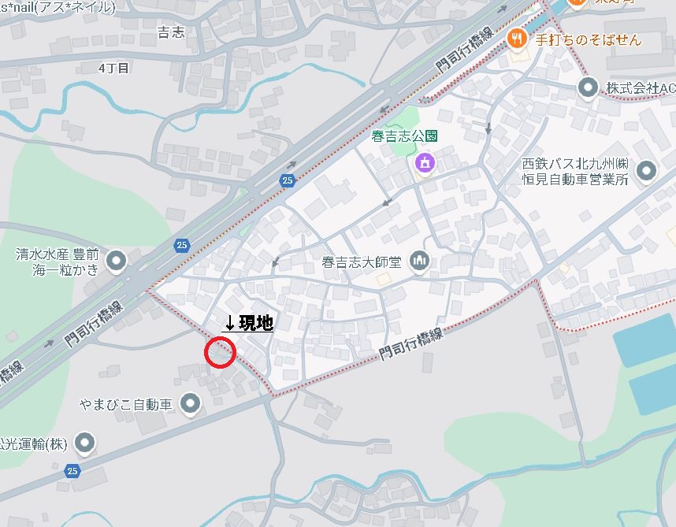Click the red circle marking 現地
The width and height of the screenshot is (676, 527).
tap(220, 352)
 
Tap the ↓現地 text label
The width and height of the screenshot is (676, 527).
tap(249, 323)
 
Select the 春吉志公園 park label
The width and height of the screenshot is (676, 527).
tap(404, 136)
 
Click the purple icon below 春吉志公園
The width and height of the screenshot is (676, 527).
tap(424, 163)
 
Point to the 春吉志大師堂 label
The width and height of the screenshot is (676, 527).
tap(362, 261)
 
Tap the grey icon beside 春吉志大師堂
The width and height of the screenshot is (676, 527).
tap(419, 260)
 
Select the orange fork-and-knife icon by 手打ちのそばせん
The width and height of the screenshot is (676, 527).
tap(516, 37)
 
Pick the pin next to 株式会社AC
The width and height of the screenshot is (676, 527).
tap(587, 87)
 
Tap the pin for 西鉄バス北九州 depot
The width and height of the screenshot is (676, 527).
tap(647, 170)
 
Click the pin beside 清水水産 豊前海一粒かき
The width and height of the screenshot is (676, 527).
tap(117, 260)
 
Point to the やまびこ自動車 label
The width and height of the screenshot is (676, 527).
tap(126, 405)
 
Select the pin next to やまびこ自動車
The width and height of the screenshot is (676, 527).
tap(190, 405)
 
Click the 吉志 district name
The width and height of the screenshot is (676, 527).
tap(171, 32)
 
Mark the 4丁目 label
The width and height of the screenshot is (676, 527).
tap(113, 69)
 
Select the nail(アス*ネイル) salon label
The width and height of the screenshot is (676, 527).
tap(57, 7)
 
